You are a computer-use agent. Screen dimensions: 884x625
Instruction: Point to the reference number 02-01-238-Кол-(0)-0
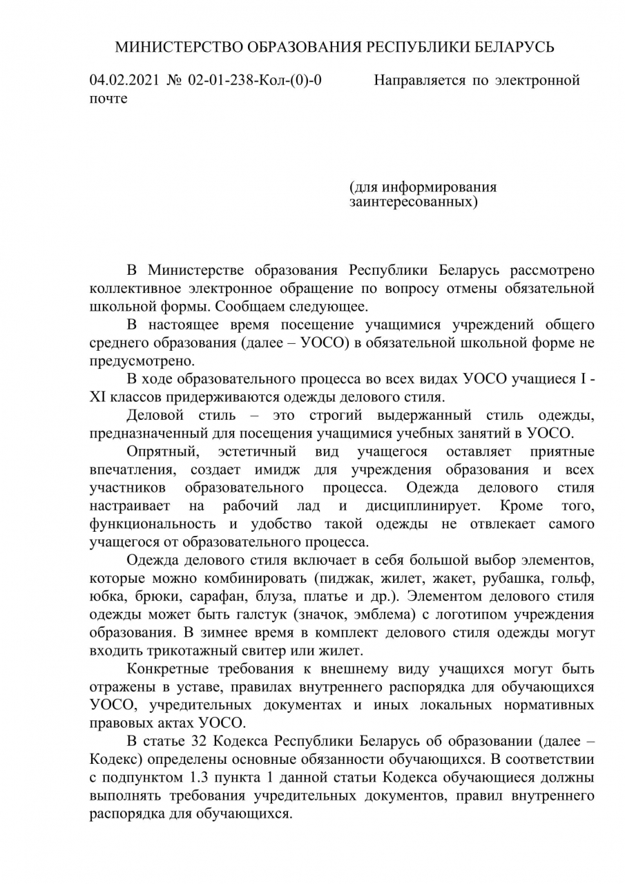(255, 81)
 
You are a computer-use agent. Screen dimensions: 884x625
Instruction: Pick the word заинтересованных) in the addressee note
(413, 202)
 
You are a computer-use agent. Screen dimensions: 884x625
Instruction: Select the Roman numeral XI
(97, 398)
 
